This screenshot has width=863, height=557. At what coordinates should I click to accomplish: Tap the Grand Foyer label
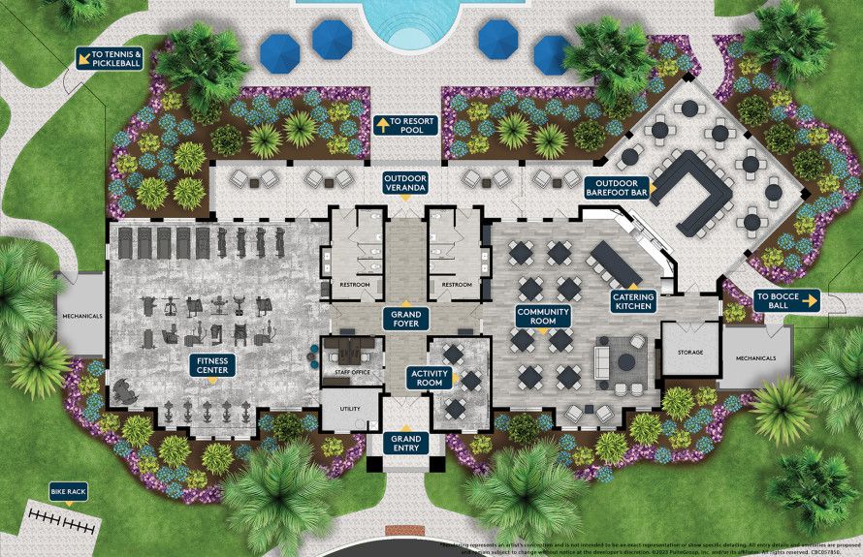pyautogui.click(x=406, y=319)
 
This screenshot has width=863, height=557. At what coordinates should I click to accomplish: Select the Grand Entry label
pyautogui.click(x=406, y=445)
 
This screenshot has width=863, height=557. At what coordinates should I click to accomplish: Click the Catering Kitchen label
pyautogui.click(x=632, y=301)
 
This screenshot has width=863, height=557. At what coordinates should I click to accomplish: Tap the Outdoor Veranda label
pyautogui.click(x=405, y=183)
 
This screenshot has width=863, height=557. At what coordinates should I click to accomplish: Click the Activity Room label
pyautogui.click(x=429, y=378)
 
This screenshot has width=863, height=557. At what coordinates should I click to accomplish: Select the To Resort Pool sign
pyautogui.click(x=406, y=125)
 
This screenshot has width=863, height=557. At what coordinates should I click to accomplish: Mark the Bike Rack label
pyautogui.click(x=68, y=493)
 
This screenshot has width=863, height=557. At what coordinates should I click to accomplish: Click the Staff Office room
pyautogui.click(x=352, y=360)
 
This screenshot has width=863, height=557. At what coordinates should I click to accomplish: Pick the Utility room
pyautogui.click(x=346, y=408)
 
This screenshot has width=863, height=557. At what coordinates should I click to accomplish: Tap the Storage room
pyautogui.click(x=689, y=352)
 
